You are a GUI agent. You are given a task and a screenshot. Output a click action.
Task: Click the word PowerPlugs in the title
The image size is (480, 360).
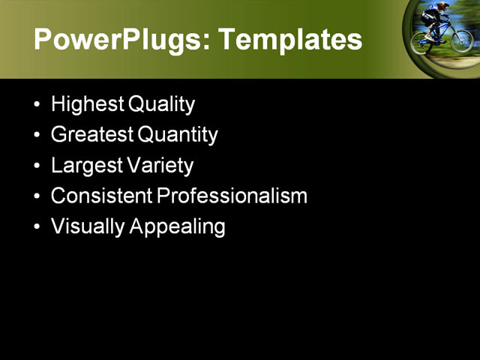point(117,40)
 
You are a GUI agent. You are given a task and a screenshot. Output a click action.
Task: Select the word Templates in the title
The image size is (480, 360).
point(289,40)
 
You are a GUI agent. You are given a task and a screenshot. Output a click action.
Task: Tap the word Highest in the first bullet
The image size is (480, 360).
point(87,104)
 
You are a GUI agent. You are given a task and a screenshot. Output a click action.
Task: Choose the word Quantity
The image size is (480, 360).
point(178,135)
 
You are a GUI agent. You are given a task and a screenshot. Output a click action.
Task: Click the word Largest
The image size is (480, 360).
point(85,166)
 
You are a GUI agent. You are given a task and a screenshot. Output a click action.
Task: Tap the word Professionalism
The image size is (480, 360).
point(232,196)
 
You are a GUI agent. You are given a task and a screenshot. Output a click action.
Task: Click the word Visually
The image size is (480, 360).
point(88,227)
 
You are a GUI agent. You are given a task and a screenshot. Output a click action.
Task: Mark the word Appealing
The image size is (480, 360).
point(177,227)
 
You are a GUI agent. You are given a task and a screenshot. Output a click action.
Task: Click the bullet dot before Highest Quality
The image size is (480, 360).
point(37,104)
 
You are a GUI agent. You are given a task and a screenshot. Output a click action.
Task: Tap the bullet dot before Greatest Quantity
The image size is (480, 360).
point(37,135)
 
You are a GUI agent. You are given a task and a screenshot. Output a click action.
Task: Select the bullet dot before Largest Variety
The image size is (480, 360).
point(37,166)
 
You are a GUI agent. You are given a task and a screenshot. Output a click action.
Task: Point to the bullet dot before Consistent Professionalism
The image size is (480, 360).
point(37,196)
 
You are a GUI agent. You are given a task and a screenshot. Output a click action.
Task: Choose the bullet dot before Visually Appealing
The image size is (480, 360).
point(37,227)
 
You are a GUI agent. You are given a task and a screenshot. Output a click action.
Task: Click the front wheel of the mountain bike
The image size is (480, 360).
point(461,40)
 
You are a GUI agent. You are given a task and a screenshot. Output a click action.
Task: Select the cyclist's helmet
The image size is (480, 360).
point(443,6)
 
